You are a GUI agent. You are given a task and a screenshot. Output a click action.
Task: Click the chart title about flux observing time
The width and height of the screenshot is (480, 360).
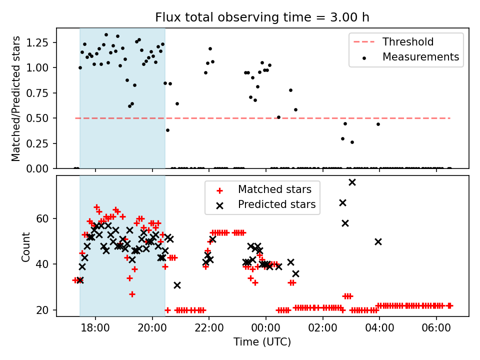click(262, 17)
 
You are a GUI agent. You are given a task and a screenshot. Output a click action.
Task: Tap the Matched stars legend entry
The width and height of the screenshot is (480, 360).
click(274, 189)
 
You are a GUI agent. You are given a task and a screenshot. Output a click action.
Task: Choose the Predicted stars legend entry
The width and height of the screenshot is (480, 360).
click(276, 204)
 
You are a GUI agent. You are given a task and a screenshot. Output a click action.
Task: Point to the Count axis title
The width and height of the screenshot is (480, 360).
click(25, 246)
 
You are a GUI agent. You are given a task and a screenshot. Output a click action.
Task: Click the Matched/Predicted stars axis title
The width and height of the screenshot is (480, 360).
click(16, 98)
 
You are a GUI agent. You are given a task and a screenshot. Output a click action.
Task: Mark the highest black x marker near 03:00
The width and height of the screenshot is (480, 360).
click(352, 182)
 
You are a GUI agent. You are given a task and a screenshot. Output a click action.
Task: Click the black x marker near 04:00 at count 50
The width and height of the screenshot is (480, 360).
click(378, 241)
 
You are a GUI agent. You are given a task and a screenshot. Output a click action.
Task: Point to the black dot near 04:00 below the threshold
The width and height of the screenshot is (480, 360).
click(378, 124)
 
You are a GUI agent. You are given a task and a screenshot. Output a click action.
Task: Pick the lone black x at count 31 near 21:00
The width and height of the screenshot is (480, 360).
click(177, 285)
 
